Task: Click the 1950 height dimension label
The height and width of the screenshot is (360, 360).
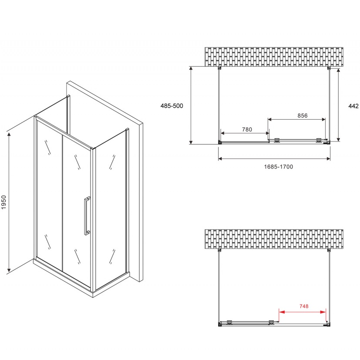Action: point(3,202)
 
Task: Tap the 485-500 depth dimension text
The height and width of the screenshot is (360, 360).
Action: point(172,106)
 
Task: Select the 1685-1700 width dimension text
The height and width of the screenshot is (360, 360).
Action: point(279,167)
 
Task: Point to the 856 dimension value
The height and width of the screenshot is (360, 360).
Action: point(303,115)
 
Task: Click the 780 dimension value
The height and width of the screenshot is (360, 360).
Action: point(247,129)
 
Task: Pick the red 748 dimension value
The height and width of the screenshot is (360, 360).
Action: point(304,306)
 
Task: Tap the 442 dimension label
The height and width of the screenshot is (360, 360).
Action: point(353,106)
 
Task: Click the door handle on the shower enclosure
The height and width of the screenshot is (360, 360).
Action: point(87,216)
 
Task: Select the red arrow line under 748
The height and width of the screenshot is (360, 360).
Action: point(302,312)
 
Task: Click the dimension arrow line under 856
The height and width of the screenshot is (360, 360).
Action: point(296,119)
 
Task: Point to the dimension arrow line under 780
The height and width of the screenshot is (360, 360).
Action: point(245,133)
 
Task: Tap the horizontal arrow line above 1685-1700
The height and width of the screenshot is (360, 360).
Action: point(274,158)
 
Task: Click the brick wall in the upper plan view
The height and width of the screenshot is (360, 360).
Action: point(274,57)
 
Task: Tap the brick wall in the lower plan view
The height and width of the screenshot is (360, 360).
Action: point(274,239)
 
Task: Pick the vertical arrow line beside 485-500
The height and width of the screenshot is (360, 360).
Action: point(191,105)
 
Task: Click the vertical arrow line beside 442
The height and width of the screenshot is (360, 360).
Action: point(338,105)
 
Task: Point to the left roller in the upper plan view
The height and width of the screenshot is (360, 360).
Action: point(277,140)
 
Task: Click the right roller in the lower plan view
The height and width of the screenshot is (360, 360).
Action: point(271,323)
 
